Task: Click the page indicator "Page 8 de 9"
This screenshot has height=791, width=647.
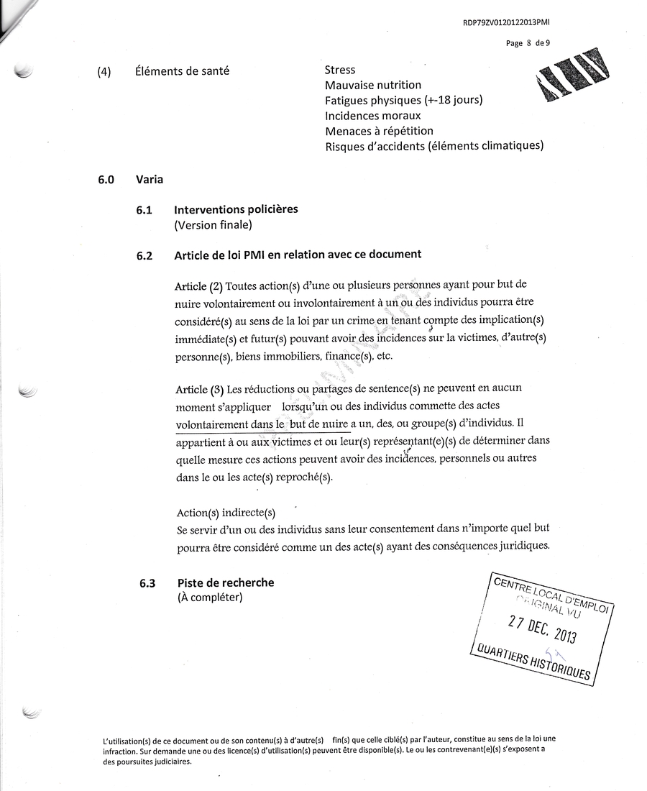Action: (528, 43)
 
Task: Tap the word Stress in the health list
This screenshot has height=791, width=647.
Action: (340, 70)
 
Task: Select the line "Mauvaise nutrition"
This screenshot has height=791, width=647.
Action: (373, 86)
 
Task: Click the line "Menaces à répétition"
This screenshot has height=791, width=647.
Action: (379, 131)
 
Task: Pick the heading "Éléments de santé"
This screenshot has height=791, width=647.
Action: (182, 70)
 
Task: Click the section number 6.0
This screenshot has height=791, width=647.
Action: (106, 179)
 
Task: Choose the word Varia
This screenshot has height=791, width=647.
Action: (149, 179)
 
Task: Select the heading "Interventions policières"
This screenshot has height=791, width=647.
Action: (236, 209)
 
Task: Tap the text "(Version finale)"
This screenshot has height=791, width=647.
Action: (213, 224)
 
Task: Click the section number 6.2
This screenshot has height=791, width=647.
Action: (144, 255)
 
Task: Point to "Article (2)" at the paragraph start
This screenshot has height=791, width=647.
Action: (199, 285)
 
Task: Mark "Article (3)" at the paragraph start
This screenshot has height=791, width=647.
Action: (199, 389)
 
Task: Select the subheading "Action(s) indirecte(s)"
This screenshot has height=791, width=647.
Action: (226, 513)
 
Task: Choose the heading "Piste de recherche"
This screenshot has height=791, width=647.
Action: (225, 582)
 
